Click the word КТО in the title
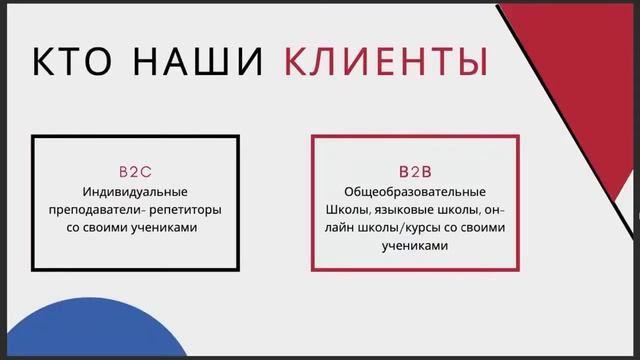75,62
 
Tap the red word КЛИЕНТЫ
385,62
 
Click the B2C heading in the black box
135,172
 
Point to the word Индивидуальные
135,191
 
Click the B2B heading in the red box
414,172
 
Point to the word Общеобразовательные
414,191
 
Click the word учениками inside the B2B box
414,245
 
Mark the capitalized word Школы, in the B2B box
347,209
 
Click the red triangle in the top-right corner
590,60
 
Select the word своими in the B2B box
485,227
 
